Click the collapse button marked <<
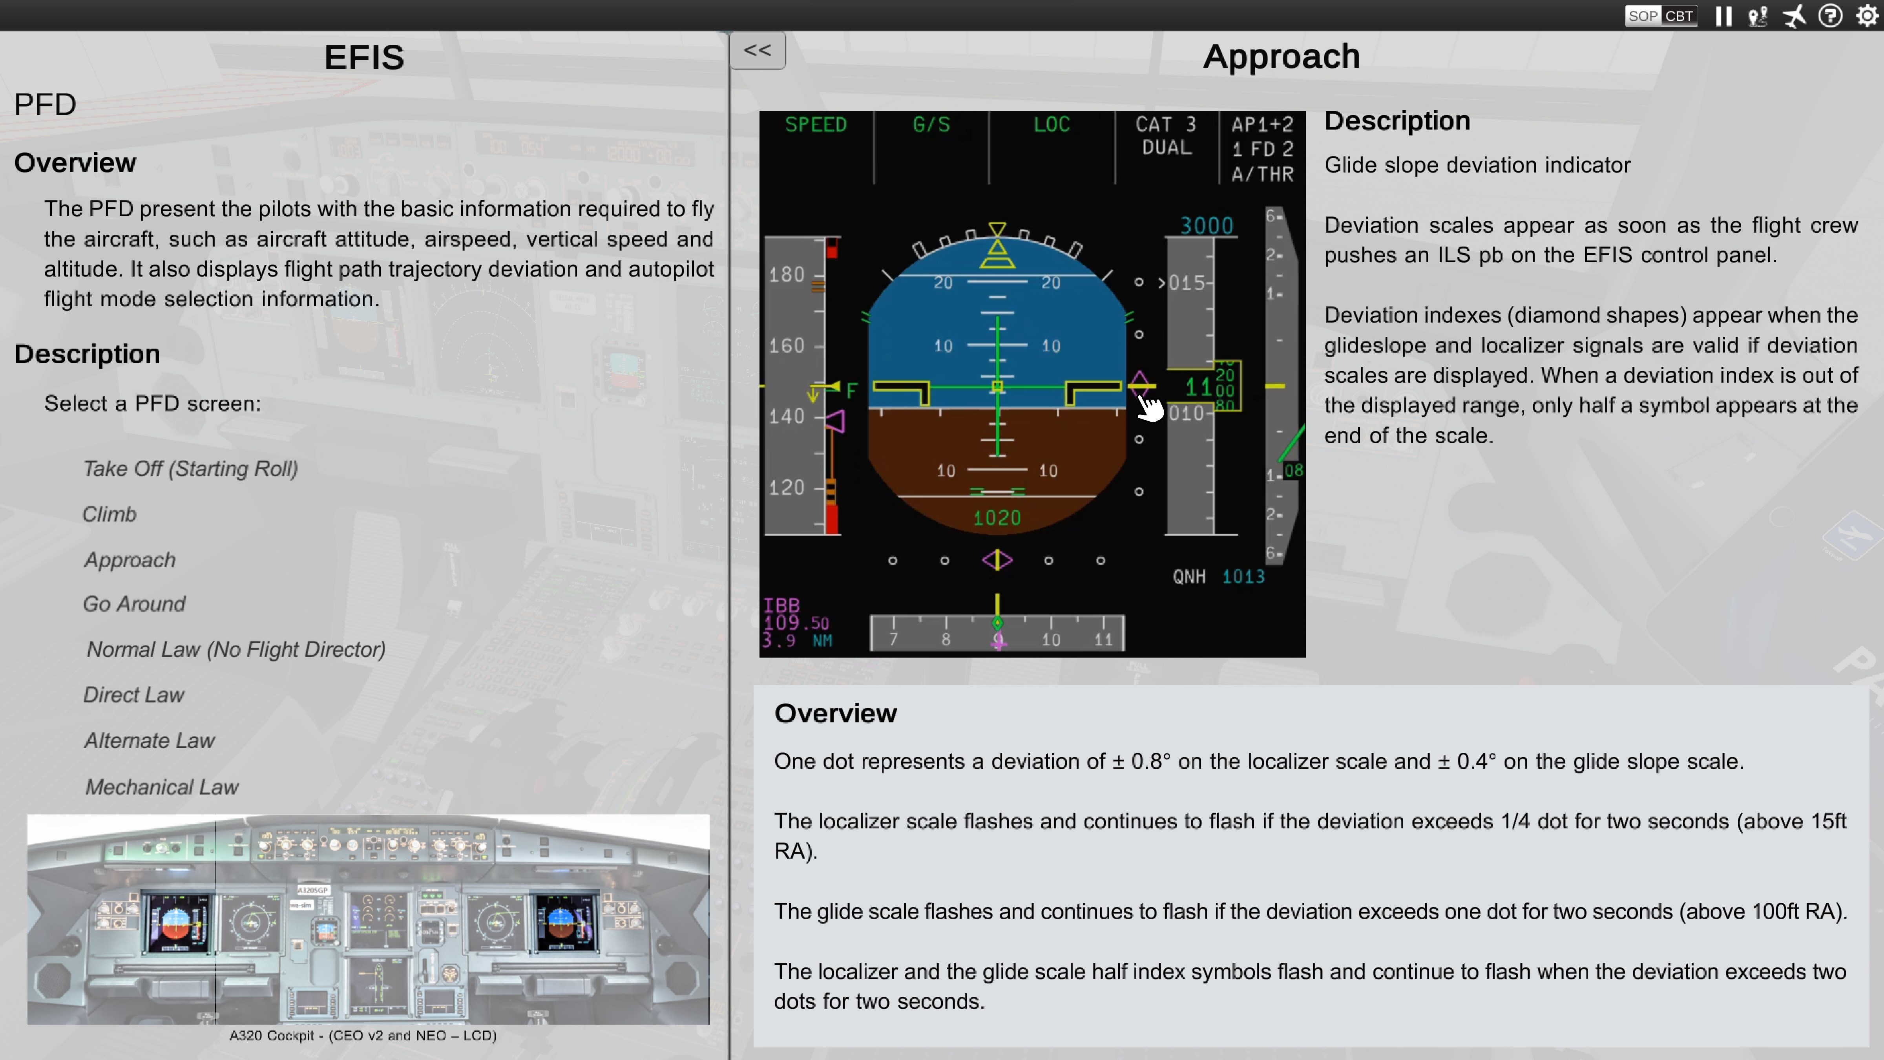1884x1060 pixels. [757, 51]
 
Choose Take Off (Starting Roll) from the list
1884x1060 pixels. [190, 469]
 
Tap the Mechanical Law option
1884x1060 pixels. [162, 787]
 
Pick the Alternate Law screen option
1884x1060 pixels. [149, 740]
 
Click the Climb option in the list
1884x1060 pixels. [109, 514]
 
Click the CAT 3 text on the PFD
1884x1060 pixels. [1166, 124]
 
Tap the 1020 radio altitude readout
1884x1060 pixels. [997, 518]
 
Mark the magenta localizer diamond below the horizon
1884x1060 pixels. [997, 560]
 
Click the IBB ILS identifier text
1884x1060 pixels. [781, 605]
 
